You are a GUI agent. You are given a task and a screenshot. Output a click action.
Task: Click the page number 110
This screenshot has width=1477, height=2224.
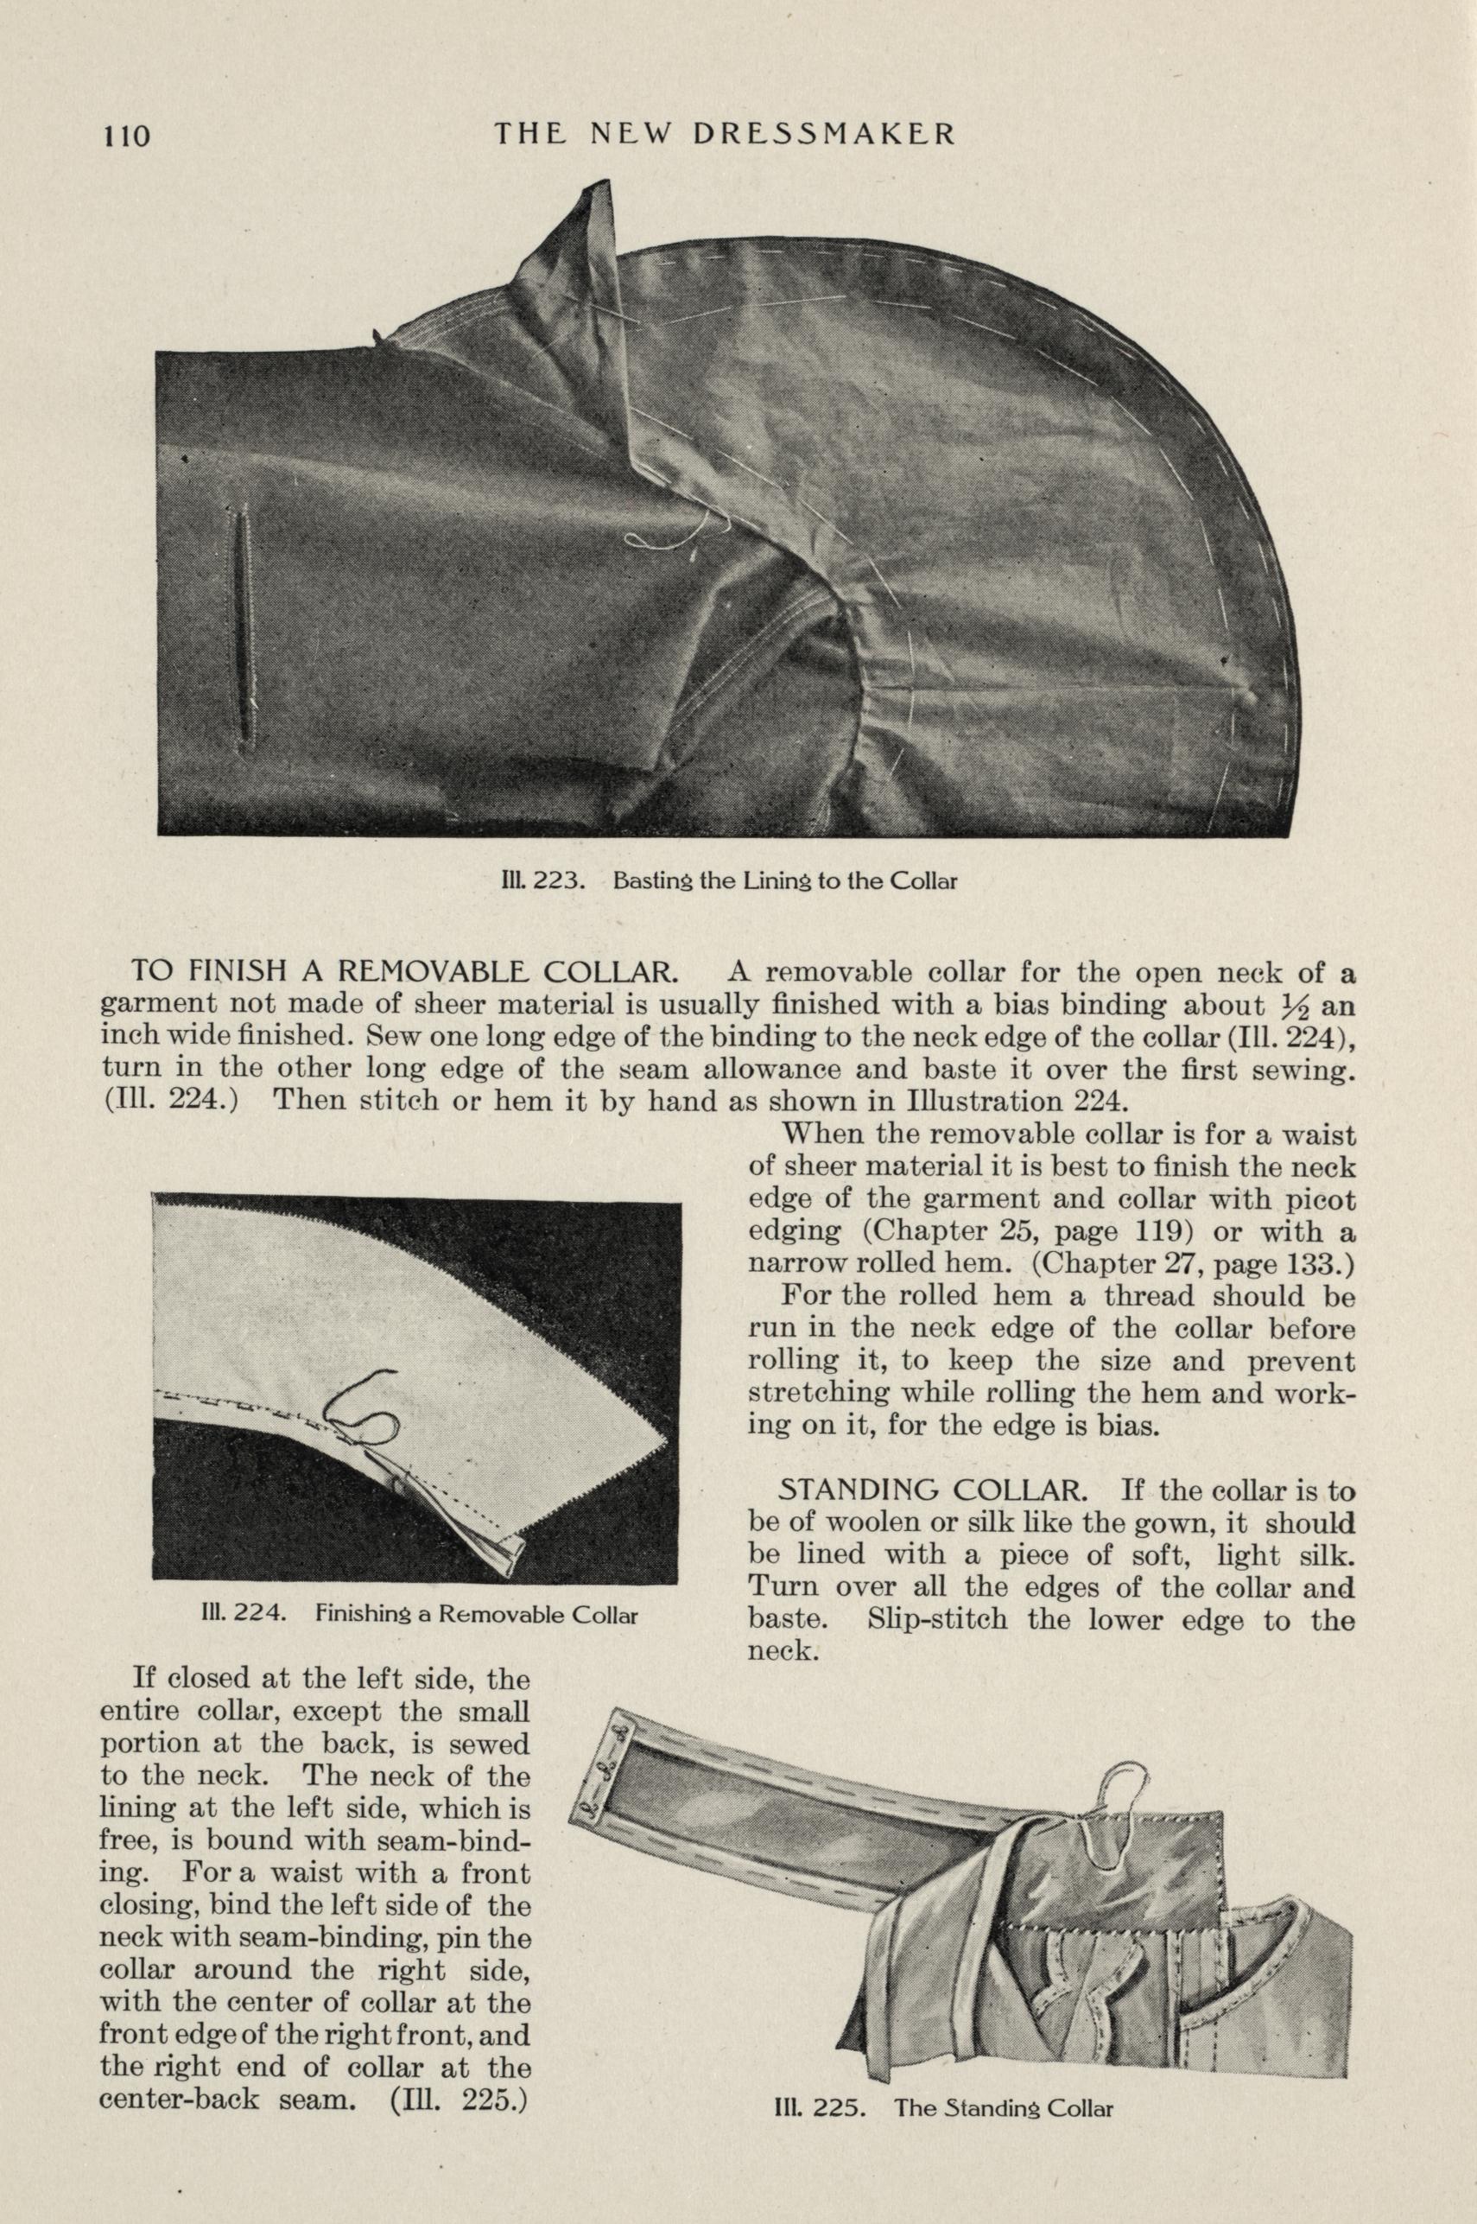(126, 136)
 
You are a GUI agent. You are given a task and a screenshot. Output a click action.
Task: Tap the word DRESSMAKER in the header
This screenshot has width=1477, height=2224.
(823, 134)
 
